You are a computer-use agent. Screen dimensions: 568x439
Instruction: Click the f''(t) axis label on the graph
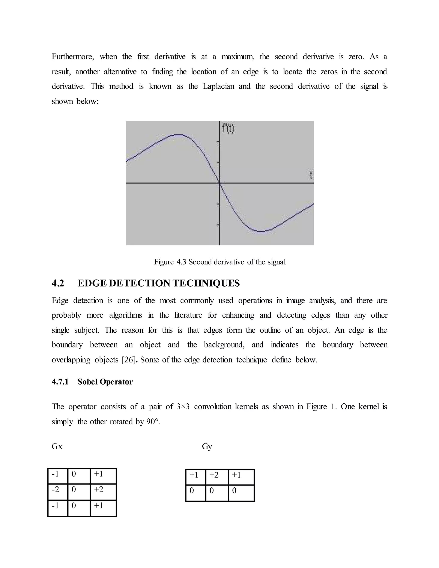point(228,129)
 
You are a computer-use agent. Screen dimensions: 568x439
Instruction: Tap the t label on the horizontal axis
point(311,175)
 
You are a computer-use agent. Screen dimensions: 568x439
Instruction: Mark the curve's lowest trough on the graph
point(261,231)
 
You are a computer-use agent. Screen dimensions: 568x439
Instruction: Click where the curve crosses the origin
point(219,183)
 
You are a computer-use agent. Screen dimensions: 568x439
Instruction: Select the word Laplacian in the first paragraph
point(218,86)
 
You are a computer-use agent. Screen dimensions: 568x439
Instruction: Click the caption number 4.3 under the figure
point(181,262)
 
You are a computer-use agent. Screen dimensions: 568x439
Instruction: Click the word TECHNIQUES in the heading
point(206,283)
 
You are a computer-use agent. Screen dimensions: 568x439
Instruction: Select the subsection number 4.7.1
point(60,382)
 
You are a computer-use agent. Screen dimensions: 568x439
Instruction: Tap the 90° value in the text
point(152,422)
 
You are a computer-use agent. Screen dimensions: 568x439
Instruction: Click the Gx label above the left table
point(57,446)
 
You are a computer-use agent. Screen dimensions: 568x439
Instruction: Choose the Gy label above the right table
point(207,446)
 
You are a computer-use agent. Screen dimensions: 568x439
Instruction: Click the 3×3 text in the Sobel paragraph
point(183,407)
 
